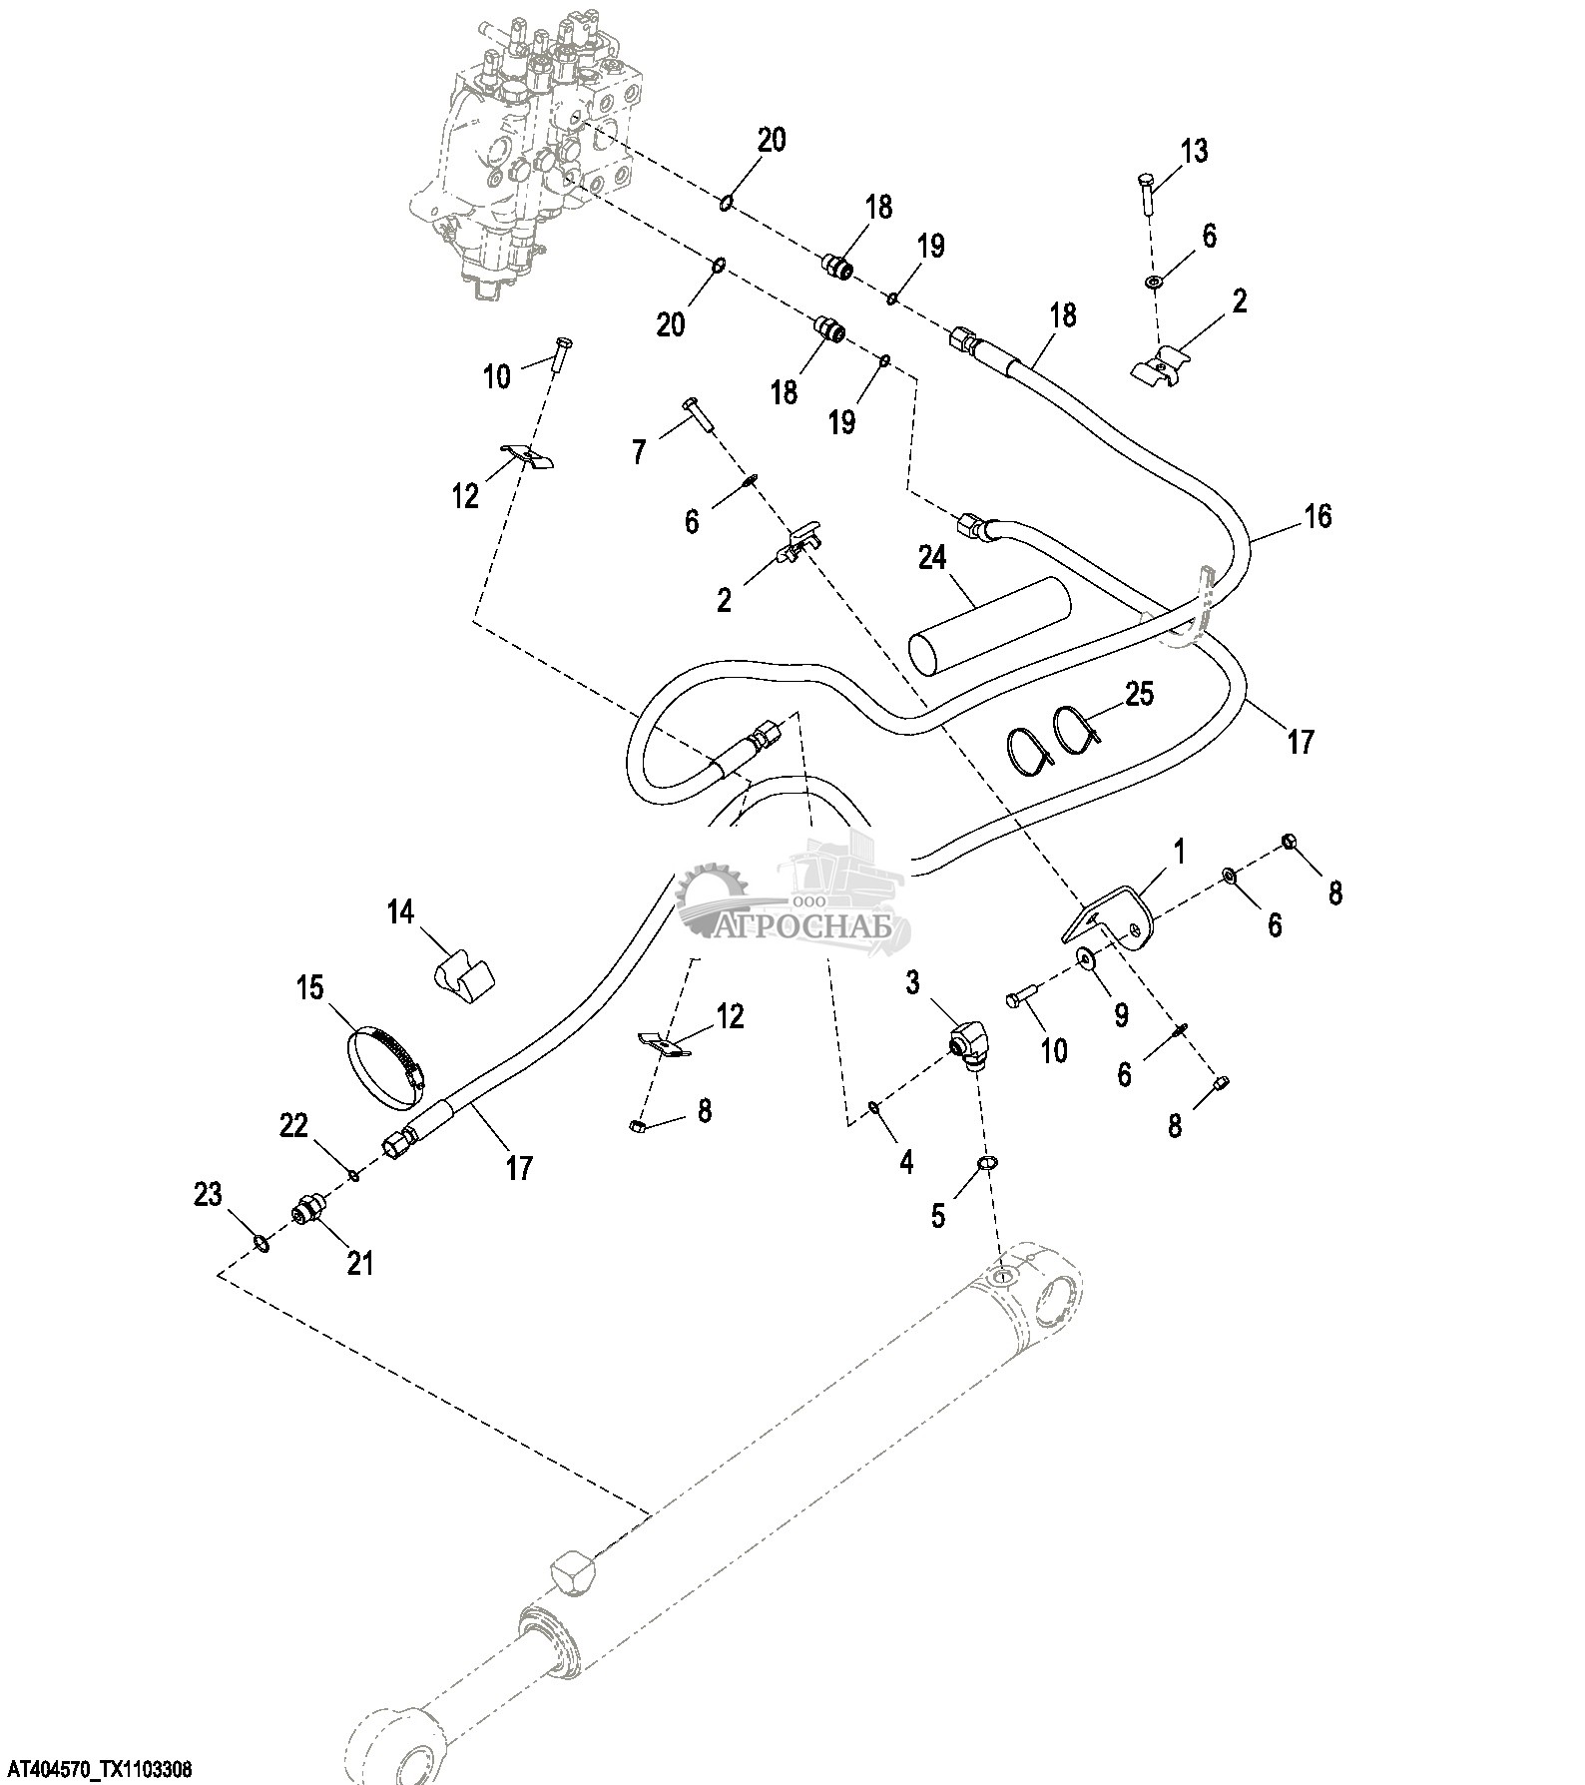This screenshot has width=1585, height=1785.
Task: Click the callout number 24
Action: point(931,558)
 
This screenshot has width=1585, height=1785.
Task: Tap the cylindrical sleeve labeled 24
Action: point(988,622)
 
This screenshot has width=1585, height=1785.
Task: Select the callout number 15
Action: point(309,987)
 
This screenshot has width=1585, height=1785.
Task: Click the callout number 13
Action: point(1194,151)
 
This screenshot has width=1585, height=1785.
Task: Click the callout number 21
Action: point(359,1263)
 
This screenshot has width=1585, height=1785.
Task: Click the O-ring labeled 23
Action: point(260,1242)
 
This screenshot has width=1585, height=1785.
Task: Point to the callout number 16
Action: point(1318,516)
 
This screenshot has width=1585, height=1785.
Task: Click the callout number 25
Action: point(1139,693)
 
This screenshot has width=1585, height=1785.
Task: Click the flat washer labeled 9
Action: point(1085,959)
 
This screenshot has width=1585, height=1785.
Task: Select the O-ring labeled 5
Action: point(985,1162)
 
